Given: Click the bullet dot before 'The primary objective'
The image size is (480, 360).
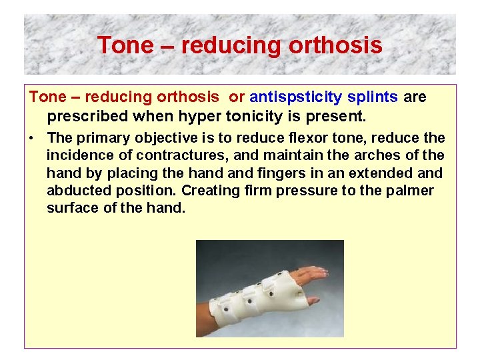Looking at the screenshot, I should coord(32,139).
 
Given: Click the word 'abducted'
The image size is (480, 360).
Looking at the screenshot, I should coord(75,191).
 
